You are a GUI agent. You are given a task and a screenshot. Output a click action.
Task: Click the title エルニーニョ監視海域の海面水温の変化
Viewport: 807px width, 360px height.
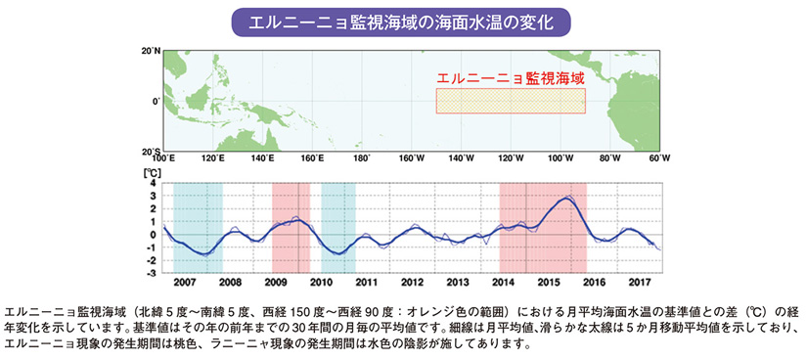(403, 21)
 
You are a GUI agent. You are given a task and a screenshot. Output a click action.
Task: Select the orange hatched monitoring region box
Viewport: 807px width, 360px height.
(510, 101)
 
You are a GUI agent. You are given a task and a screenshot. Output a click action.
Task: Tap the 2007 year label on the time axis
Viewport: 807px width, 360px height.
(186, 282)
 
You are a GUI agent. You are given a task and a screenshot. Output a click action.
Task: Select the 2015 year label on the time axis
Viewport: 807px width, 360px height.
(548, 282)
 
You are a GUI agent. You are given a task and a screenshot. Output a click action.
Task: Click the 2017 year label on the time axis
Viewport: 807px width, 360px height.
(638, 282)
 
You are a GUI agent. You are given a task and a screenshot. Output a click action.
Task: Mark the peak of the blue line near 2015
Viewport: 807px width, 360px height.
(566, 199)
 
